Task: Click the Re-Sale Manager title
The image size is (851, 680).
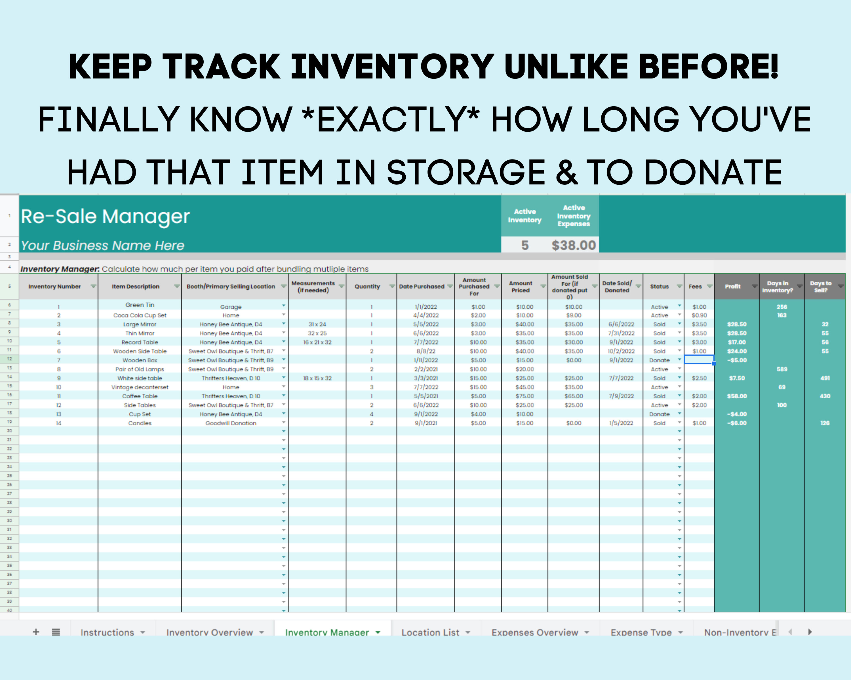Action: pos(105,216)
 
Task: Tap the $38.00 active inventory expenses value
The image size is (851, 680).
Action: pos(574,245)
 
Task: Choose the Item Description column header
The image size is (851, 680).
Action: pos(135,286)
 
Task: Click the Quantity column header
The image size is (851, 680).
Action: pos(367,286)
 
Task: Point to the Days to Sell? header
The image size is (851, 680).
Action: pos(821,286)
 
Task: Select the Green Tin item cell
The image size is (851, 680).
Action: pos(140,305)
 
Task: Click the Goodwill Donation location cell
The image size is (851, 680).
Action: pos(231,423)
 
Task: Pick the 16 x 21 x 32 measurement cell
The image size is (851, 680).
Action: pos(317,343)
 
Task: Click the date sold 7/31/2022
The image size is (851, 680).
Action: pos(621,333)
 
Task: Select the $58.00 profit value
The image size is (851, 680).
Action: pos(737,396)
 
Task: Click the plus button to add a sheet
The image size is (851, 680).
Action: pos(36,632)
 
